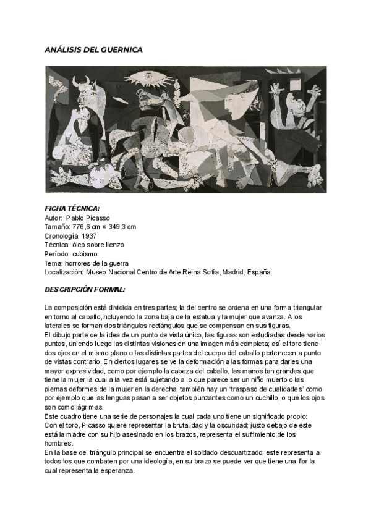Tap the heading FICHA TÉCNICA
72,209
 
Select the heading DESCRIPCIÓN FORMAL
85,289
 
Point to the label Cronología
62,235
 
